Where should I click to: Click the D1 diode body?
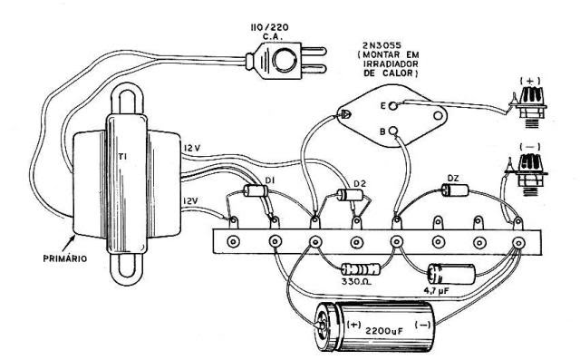coord(256,191)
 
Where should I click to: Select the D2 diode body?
coord(351,195)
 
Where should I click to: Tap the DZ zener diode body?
coord(455,190)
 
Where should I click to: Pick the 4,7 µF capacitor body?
coord(451,274)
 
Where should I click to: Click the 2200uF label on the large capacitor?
coord(384,330)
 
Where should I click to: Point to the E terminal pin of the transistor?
coord(393,106)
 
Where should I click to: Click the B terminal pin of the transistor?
coord(393,131)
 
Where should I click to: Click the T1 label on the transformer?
coord(123,157)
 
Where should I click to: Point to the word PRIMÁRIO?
coord(65,258)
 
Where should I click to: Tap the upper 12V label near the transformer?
coord(192,148)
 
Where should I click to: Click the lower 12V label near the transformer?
coord(190,200)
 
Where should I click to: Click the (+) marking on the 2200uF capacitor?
coord(353,325)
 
